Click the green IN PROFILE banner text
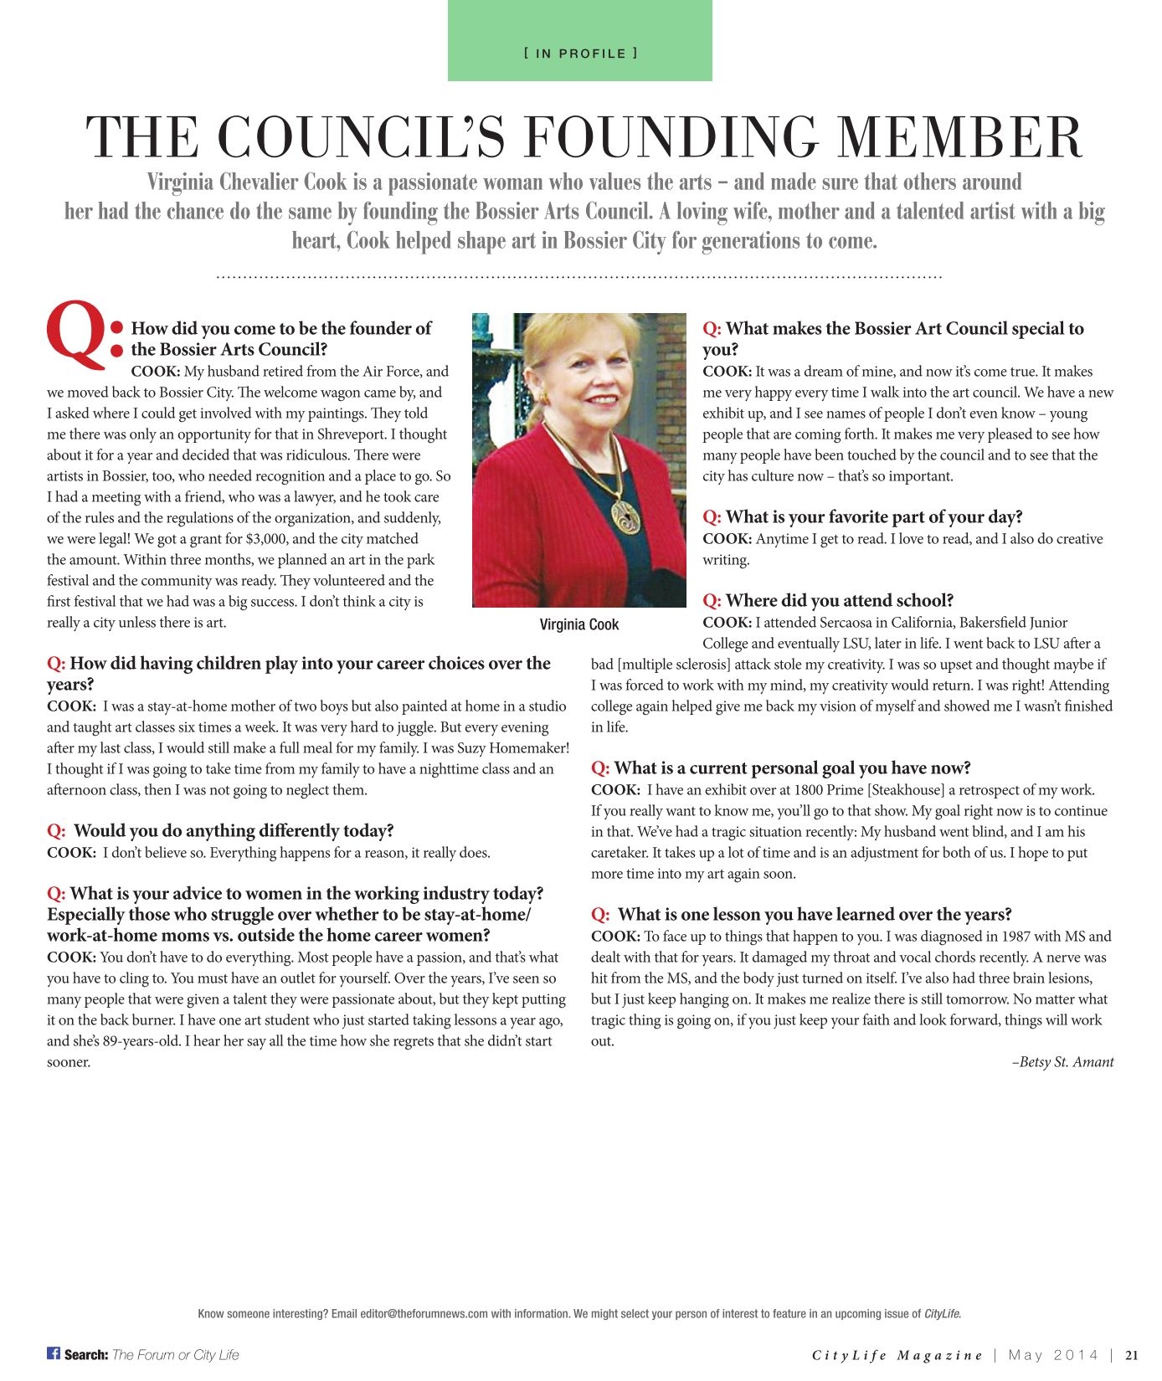click(580, 54)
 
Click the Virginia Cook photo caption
click(579, 624)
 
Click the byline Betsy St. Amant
click(1064, 1062)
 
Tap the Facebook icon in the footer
click(54, 1353)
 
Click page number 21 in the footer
click(1132, 1355)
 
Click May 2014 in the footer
click(1053, 1355)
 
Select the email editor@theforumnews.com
click(424, 1314)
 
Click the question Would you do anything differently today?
click(233, 831)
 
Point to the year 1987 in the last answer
click(1003, 937)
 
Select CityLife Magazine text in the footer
click(897, 1355)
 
